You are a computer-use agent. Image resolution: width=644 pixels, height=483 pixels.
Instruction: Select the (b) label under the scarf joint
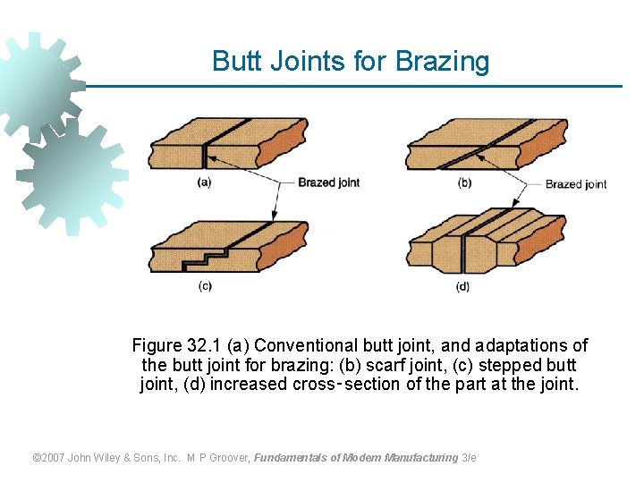pos(464,182)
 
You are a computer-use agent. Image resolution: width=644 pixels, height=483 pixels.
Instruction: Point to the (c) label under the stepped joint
pos(205,286)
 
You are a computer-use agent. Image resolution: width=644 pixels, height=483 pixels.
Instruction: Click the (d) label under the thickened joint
pos(462,286)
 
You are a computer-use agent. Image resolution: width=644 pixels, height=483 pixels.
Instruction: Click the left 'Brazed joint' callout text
pos(328,182)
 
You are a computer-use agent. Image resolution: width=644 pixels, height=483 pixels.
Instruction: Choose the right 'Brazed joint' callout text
pos(576,184)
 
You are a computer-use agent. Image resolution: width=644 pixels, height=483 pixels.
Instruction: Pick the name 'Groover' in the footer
pos(230,457)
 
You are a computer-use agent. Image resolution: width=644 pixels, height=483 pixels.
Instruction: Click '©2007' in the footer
pos(50,457)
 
